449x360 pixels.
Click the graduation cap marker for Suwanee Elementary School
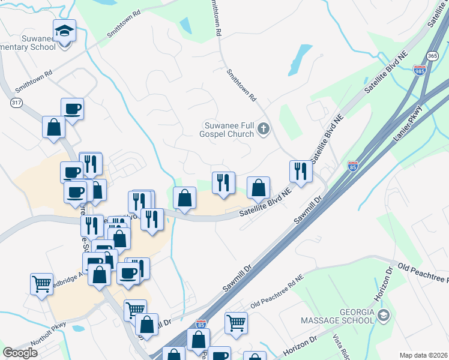pyautogui.click(x=64, y=30)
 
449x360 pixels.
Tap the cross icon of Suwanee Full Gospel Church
pyautogui.click(x=263, y=128)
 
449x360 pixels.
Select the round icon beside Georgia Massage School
pyautogui.click(x=384, y=314)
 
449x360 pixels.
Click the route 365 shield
pyautogui.click(x=432, y=56)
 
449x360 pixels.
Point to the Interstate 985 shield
pyautogui.click(x=420, y=70)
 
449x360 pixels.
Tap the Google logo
pyautogui.click(x=20, y=353)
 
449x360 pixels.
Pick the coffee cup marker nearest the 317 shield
pyautogui.click(x=72, y=109)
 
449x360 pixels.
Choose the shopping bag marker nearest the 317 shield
pyautogui.click(x=53, y=127)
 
